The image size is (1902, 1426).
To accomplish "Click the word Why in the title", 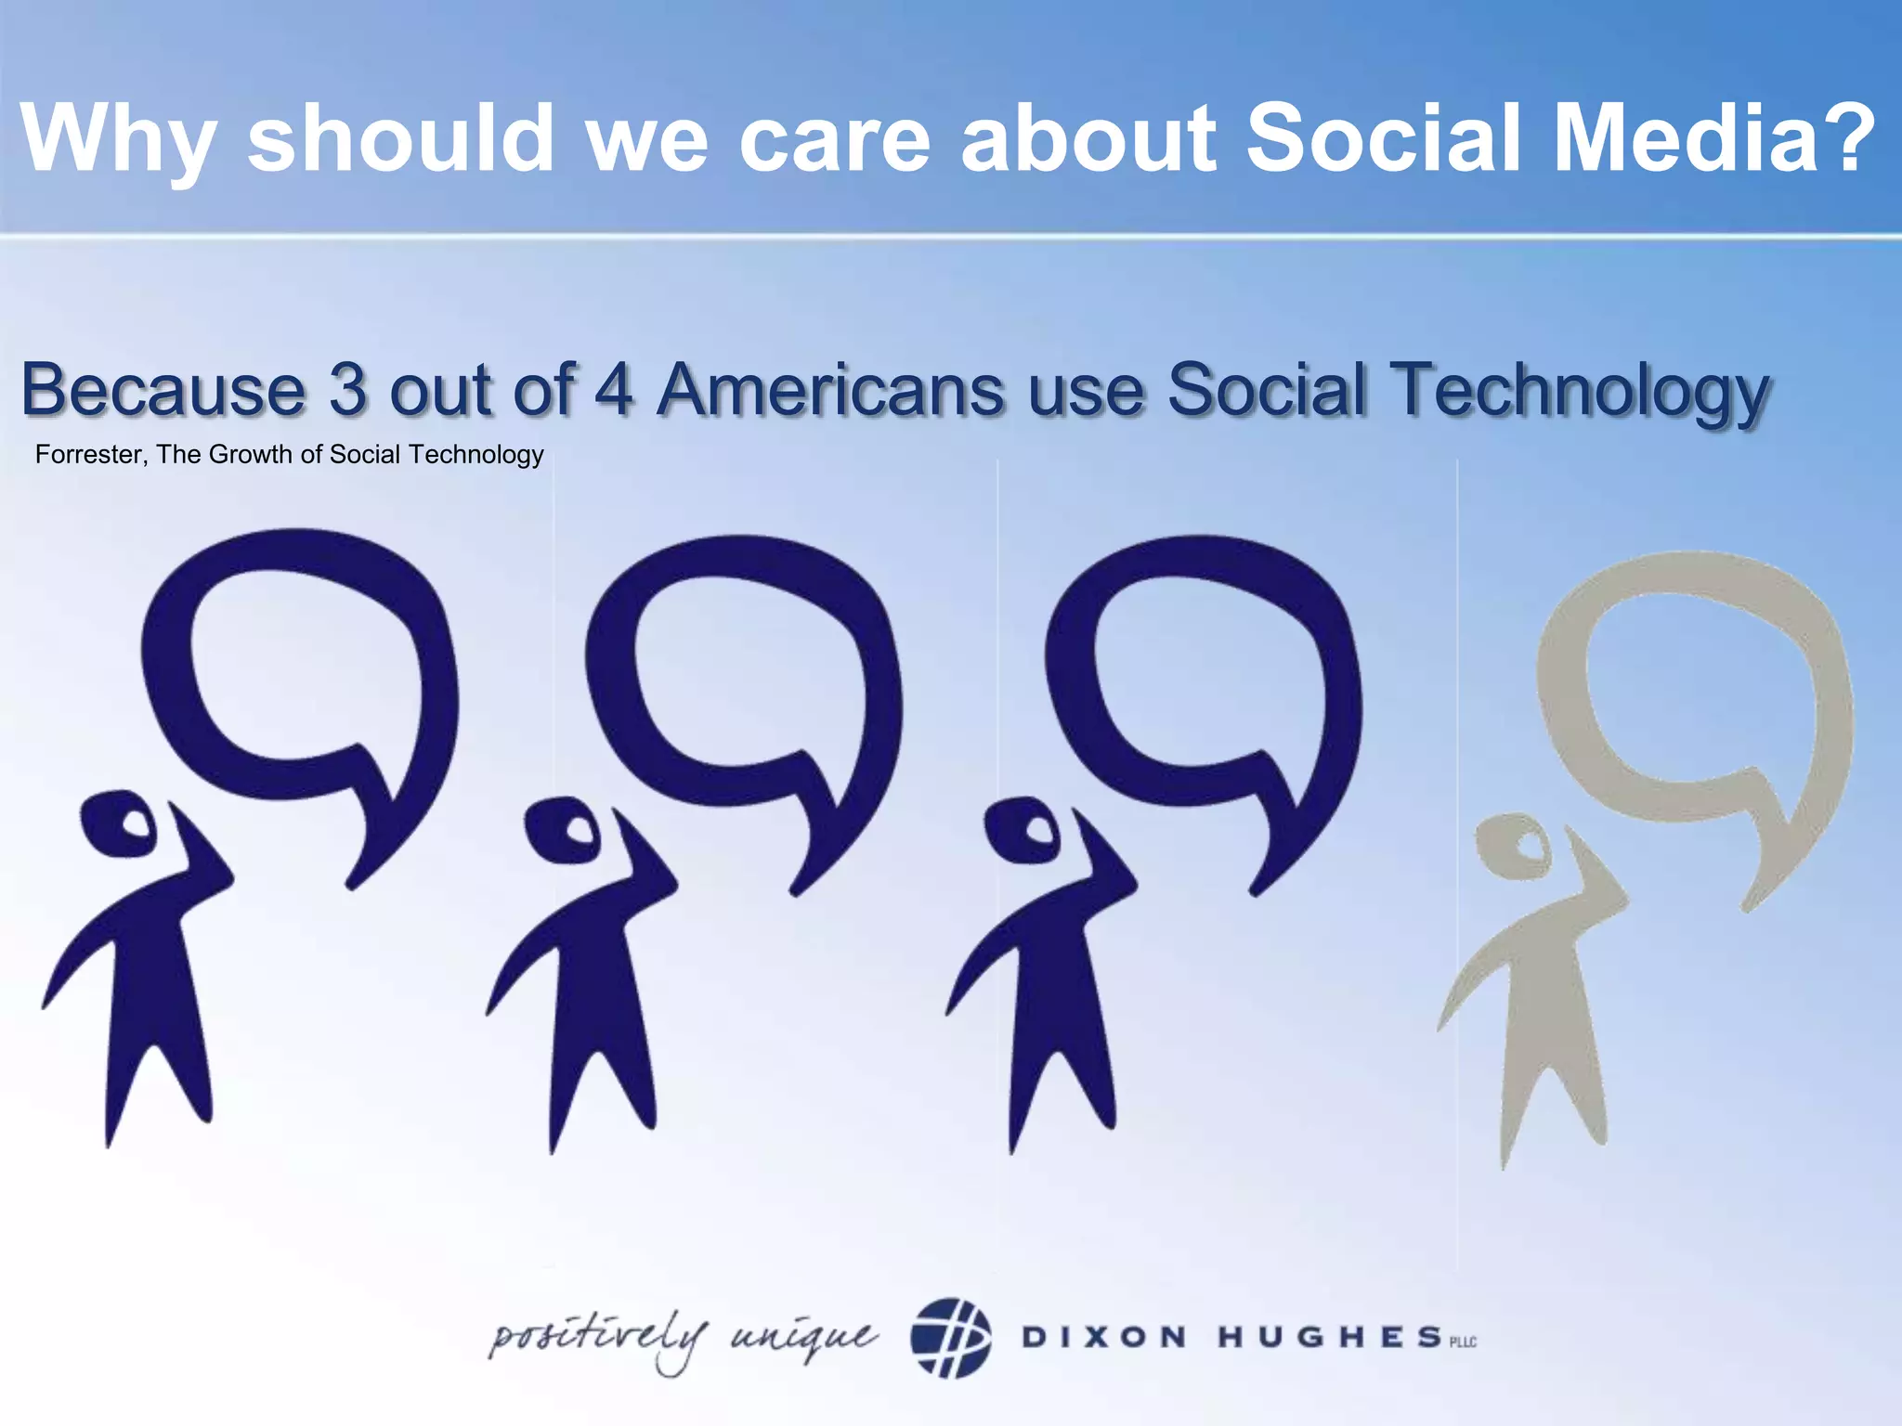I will pyautogui.click(x=118, y=139).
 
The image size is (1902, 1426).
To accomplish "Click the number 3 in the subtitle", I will pyautogui.click(x=346, y=390).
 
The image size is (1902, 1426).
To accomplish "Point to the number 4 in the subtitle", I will pyautogui.click(x=614, y=390).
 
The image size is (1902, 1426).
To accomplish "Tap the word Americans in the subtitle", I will pyautogui.click(x=830, y=390).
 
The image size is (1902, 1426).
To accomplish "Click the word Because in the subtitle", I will pyautogui.click(x=163, y=390).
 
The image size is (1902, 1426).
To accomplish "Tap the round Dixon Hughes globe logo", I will pyautogui.click(x=950, y=1338).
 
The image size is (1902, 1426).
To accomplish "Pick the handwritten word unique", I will pyautogui.click(x=803, y=1338).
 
